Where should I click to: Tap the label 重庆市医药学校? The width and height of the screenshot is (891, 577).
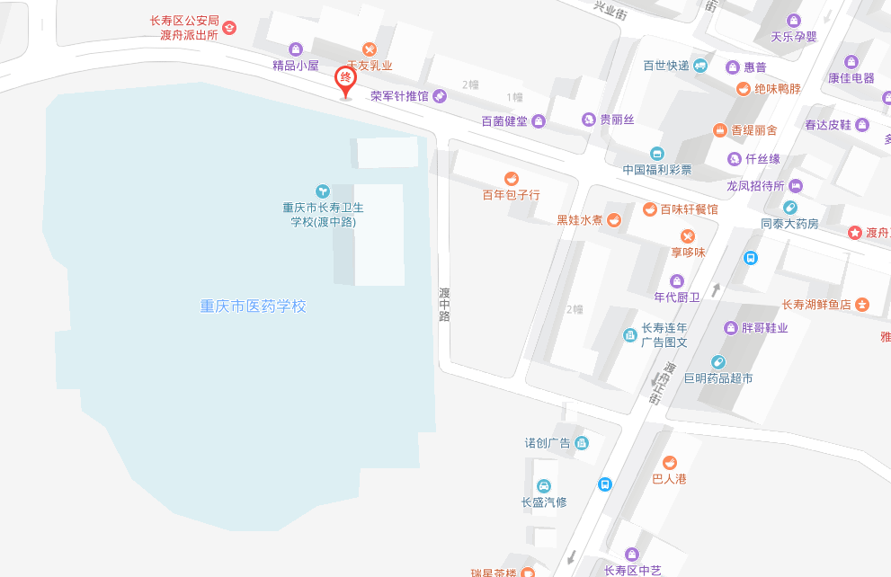pos(253,306)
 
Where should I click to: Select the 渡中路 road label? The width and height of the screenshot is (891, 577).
pos(444,304)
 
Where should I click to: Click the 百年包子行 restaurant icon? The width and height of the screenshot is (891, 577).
pos(512,178)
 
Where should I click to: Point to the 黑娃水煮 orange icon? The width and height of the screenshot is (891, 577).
pos(614,219)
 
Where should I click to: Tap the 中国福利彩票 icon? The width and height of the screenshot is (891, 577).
pos(657,154)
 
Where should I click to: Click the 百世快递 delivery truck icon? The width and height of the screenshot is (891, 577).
pos(700,66)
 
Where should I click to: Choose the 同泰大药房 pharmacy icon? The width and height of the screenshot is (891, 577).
pos(789,208)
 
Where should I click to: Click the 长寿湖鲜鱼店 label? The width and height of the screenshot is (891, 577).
pos(816,305)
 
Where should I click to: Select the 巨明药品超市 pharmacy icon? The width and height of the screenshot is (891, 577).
pos(717,362)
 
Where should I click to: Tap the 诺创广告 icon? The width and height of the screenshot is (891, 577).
pos(582,442)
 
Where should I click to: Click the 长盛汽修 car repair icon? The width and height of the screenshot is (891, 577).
pos(543,486)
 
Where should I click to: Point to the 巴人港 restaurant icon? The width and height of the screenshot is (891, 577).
pos(669,463)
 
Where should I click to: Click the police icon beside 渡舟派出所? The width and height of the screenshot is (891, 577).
pos(229,28)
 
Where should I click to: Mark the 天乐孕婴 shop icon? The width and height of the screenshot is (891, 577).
pos(794,21)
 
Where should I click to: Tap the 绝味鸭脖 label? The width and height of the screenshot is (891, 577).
pos(777,89)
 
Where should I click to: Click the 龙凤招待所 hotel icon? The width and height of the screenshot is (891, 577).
pos(796,186)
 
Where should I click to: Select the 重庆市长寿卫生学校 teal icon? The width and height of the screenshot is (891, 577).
pos(323,191)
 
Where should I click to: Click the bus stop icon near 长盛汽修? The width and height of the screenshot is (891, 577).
pos(606,484)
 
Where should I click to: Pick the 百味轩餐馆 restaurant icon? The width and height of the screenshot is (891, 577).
pos(649,209)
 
